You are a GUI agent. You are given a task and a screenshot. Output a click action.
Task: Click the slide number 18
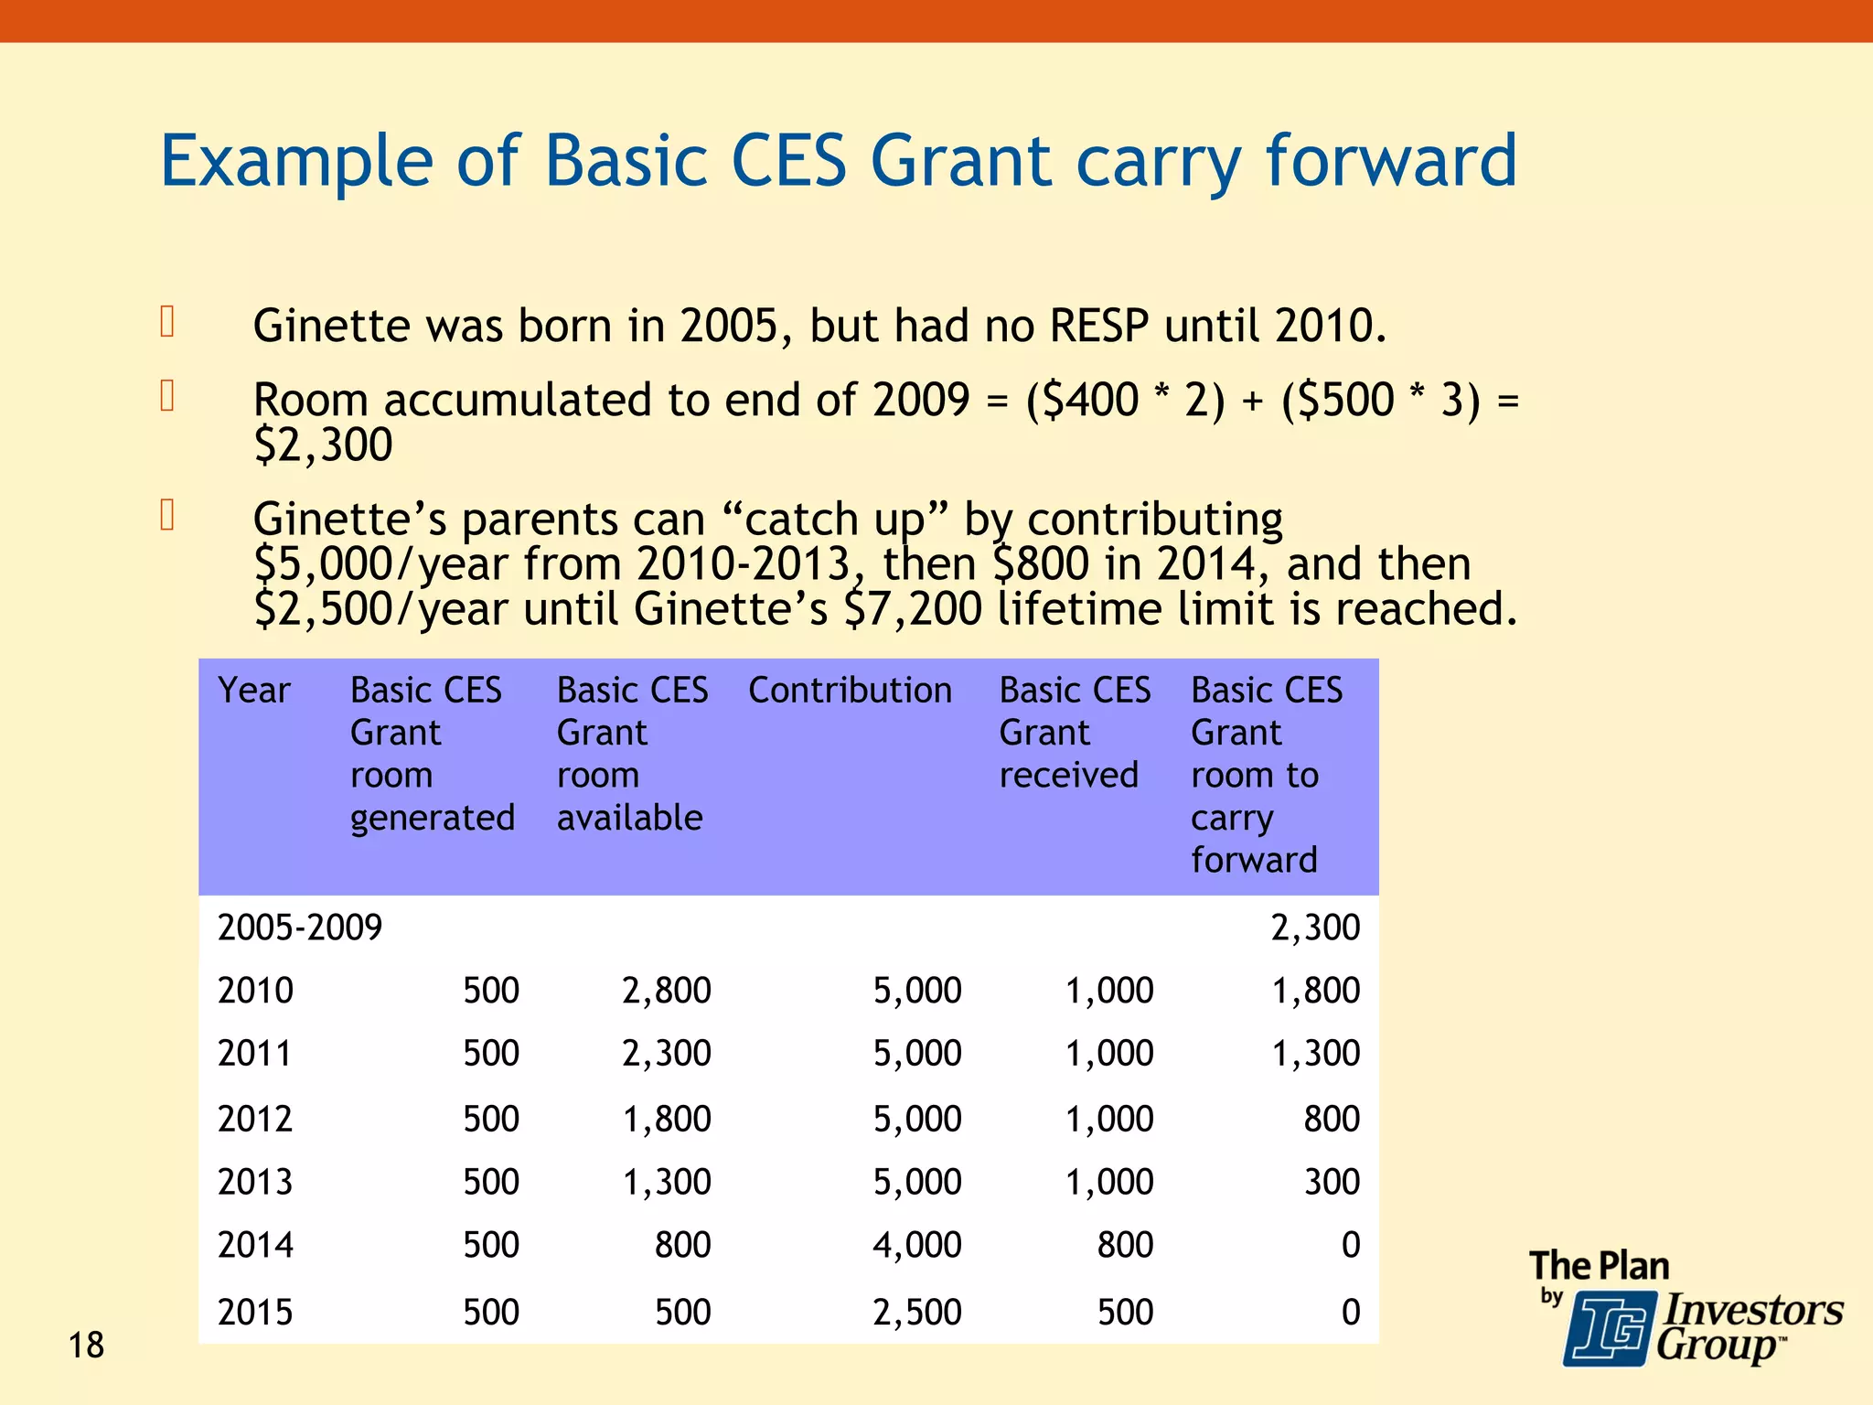point(86,1346)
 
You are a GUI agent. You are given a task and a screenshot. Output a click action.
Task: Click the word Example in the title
point(295,161)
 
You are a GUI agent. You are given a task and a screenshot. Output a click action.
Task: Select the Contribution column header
point(850,690)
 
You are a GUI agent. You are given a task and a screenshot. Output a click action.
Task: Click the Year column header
point(253,690)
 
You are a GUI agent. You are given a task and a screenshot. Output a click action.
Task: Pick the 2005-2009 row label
point(299,928)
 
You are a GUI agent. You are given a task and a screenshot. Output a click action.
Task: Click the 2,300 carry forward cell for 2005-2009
point(1314,928)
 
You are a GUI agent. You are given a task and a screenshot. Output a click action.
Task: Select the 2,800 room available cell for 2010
point(666,991)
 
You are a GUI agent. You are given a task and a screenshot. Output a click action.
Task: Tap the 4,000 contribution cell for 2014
point(916,1245)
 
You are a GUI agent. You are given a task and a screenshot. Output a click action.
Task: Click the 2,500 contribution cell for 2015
point(916,1313)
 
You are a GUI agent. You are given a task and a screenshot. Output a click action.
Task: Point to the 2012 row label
point(255,1119)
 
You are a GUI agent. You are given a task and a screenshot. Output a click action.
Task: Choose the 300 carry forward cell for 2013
point(1332,1182)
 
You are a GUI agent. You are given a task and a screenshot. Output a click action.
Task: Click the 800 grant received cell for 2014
point(1125,1245)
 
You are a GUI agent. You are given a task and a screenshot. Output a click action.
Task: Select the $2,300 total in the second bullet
point(323,445)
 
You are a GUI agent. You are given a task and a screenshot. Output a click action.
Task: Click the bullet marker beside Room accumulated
point(167,395)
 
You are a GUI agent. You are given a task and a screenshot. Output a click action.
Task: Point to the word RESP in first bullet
point(1098,326)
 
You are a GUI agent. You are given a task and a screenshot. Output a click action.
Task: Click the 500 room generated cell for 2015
point(490,1313)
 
